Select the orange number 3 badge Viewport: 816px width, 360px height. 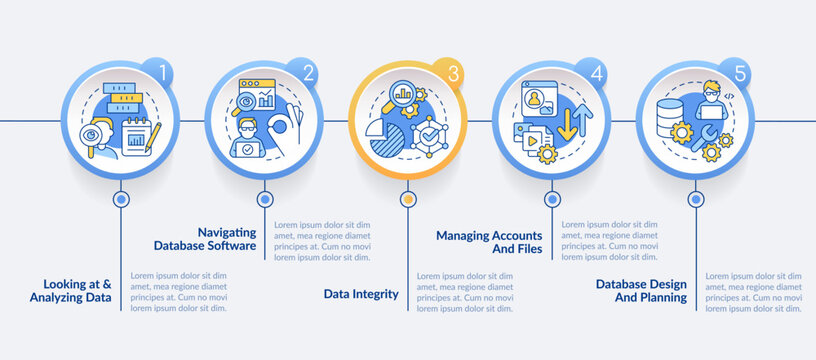[453, 73]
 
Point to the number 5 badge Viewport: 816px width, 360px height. [740, 73]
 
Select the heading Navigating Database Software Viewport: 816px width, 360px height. [205, 238]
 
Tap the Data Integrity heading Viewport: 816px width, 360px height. [361, 294]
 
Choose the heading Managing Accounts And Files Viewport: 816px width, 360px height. [489, 242]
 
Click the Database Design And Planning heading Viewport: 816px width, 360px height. [641, 289]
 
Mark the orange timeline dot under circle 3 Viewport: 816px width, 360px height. [408, 198]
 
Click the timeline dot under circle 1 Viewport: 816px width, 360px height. [121, 198]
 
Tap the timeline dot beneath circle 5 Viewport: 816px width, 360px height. [694, 198]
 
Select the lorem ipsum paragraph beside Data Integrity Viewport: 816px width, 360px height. [465, 291]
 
